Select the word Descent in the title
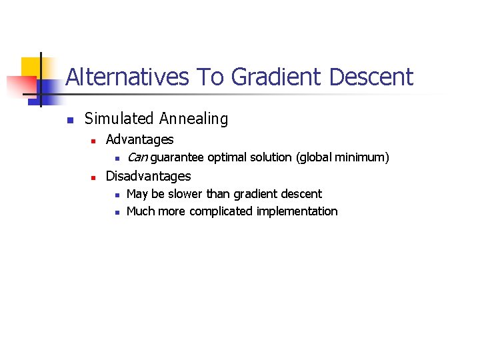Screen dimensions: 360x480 [371, 77]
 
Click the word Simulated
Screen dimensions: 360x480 [119, 119]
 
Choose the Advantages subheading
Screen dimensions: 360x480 [139, 140]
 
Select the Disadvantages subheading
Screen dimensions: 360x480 [148, 177]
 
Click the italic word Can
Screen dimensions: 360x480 [137, 158]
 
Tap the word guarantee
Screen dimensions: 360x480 [177, 158]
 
